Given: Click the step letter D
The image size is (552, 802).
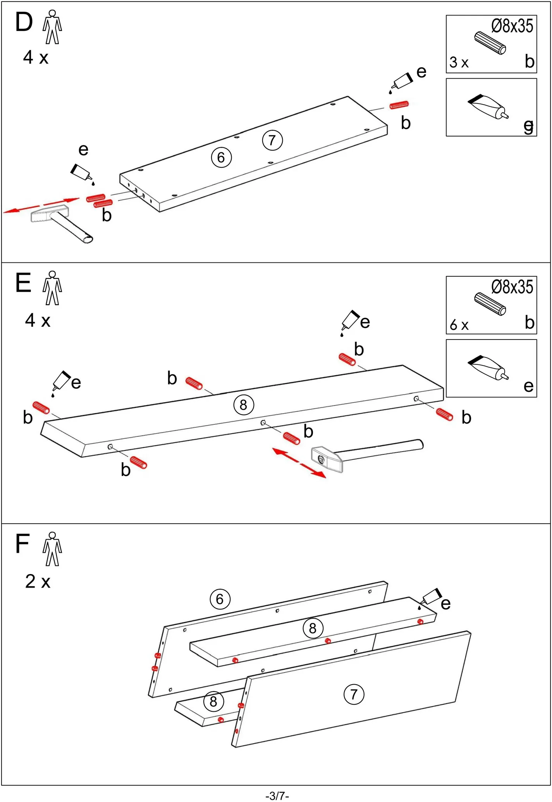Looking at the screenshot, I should pos(24,22).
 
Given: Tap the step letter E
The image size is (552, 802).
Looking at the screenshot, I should pos(23,283).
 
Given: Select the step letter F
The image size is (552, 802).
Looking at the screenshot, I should pos(22,543).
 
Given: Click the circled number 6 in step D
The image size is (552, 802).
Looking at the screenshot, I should pos(221,157).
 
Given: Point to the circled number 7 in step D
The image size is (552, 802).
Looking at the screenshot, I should pos(272,140).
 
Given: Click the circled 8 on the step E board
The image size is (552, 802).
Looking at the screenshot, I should pos(244,405).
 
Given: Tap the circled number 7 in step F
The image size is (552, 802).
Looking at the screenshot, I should pos(354,694).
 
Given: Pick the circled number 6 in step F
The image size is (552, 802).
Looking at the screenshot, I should pos(220,599).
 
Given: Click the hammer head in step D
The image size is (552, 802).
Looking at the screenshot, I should pos(50,214).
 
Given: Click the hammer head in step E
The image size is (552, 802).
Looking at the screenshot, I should pos(326,459).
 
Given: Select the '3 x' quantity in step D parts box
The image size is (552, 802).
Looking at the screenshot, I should pos(459,62).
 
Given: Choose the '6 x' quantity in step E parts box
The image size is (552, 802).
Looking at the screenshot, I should pos(459,325).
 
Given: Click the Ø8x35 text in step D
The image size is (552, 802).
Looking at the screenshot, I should pos(512,26).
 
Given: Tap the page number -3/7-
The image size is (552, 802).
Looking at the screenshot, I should pos(277,796).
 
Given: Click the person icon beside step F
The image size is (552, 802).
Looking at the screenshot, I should pos(52,549).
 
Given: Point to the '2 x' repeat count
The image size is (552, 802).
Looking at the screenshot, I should pos(38,581).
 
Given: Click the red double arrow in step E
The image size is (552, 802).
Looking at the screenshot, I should pos(299,463).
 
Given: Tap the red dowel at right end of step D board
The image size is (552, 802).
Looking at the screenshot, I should pos(399,105).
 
